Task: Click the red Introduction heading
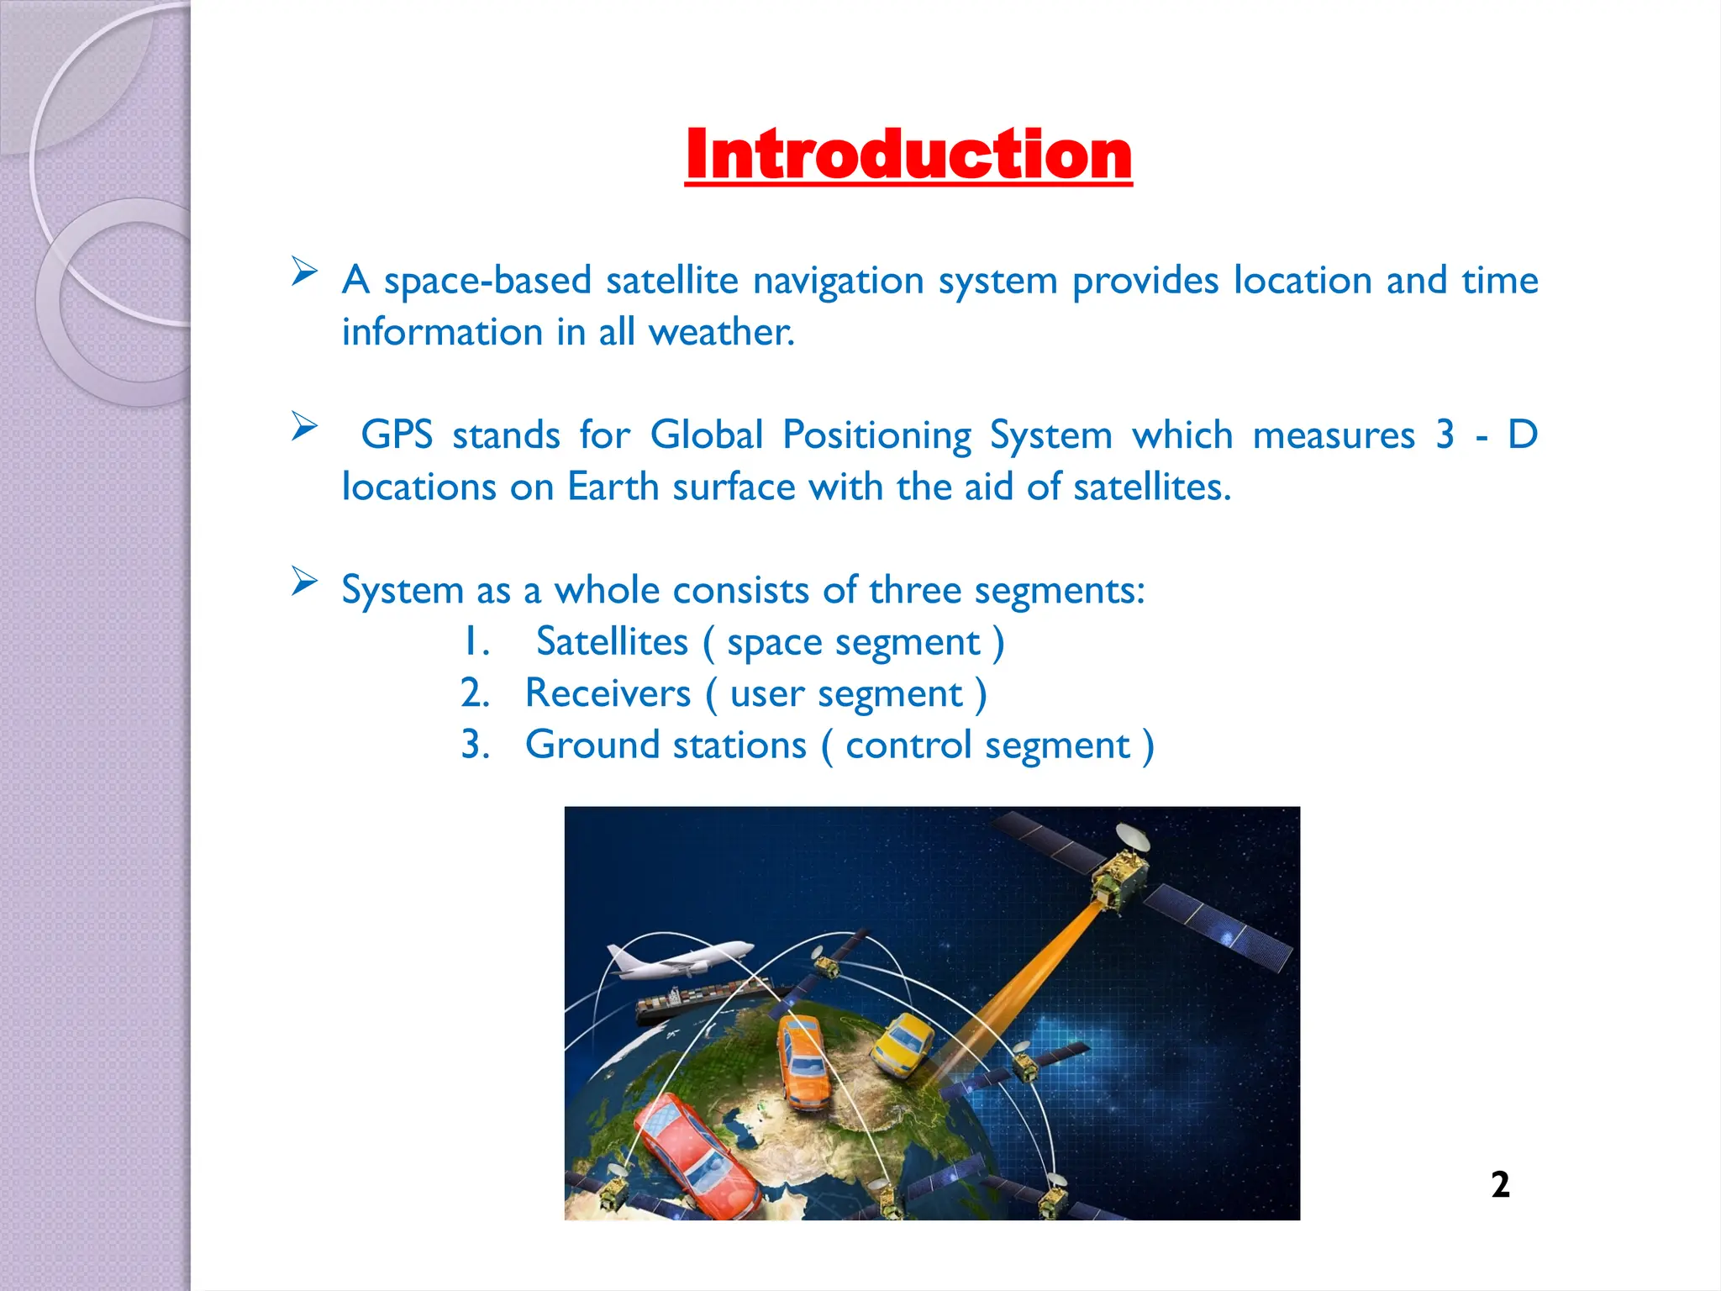[908, 155]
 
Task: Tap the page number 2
[1500, 1184]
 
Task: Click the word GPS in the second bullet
[397, 435]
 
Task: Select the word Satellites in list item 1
[612, 642]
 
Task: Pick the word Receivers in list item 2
[608, 694]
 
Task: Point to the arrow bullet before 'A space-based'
[304, 271]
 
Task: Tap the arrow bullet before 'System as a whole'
[304, 581]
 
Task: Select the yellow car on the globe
[903, 1044]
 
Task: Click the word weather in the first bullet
[721, 332]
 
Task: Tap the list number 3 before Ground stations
[475, 746]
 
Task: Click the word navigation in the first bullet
[838, 281]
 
